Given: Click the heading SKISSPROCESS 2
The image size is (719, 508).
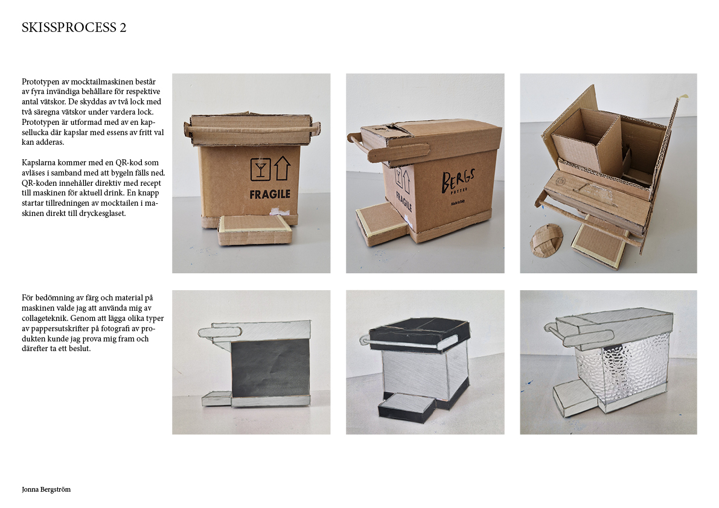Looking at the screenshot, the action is click(x=74, y=28).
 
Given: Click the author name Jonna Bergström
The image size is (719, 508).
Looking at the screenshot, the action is click(x=46, y=489).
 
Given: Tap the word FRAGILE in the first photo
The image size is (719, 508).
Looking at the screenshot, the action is click(x=270, y=194).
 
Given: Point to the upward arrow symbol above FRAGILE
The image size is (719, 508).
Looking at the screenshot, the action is click(x=282, y=168).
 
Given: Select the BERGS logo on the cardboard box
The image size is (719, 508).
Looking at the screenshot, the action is click(x=458, y=182).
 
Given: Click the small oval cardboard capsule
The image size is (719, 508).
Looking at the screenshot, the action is click(x=546, y=239).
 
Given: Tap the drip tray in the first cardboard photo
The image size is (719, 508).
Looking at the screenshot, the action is click(x=255, y=230).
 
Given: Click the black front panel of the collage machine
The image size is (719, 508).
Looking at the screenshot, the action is click(x=270, y=369).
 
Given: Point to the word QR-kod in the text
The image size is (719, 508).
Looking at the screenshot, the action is click(x=139, y=163).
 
